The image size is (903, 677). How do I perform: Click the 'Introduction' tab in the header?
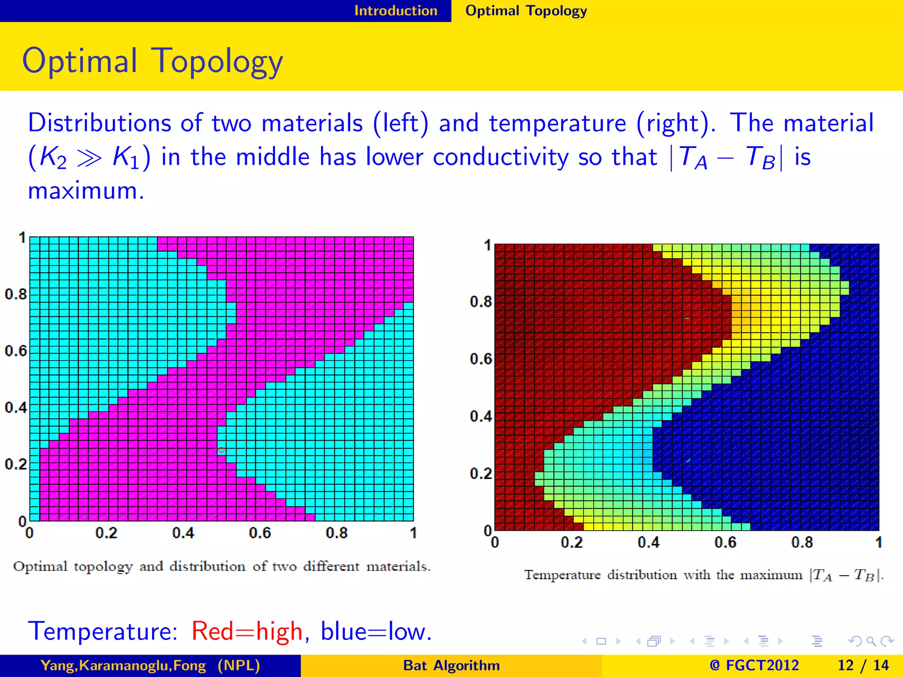click(396, 11)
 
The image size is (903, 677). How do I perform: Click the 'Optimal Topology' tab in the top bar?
click(526, 11)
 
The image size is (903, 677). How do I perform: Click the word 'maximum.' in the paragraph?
click(86, 191)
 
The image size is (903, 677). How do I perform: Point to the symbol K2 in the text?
click(52, 157)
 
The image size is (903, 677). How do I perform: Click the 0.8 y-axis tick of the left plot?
click(16, 294)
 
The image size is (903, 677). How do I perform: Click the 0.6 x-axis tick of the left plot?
click(260, 533)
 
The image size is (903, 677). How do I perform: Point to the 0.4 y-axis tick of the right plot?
click(481, 416)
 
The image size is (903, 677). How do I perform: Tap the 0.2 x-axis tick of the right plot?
click(571, 543)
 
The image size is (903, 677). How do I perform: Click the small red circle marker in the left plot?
click(221, 450)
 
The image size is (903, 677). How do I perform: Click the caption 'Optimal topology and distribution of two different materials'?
click(221, 566)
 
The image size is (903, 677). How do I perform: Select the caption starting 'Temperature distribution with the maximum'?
click(703, 575)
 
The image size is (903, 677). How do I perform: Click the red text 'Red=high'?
click(247, 631)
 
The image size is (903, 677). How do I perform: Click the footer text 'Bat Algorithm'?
click(451, 665)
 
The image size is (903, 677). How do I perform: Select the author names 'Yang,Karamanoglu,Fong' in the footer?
click(123, 665)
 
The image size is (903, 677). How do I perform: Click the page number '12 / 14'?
click(862, 665)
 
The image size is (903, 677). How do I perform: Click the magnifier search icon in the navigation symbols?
click(870, 641)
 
